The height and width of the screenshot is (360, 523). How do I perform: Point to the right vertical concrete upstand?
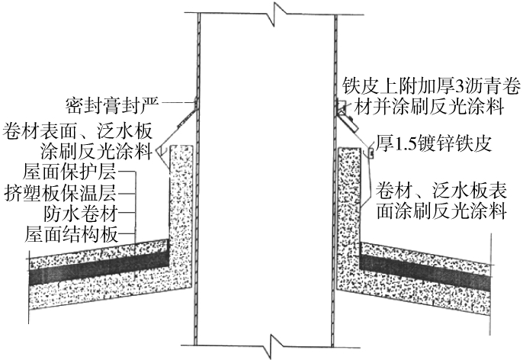tap(348, 198)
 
